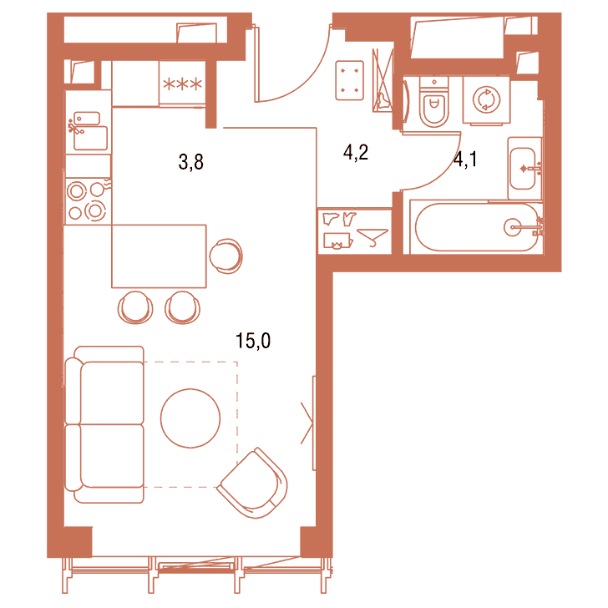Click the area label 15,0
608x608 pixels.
tap(253, 341)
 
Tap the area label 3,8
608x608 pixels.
tap(190, 162)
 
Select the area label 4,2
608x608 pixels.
tap(356, 152)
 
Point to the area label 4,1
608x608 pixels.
tap(465, 159)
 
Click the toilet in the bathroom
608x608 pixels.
tap(434, 102)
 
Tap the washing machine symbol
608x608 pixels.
tap(486, 100)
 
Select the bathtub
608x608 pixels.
tap(477, 227)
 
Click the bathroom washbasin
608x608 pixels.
tap(524, 169)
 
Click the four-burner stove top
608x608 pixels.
tap(88, 200)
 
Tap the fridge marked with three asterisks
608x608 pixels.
tap(182, 83)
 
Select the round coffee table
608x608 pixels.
tap(190, 418)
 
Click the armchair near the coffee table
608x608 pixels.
tap(253, 483)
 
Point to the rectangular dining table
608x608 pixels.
tap(159, 256)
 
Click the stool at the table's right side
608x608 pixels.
tap(226, 256)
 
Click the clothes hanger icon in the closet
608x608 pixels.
tap(372, 236)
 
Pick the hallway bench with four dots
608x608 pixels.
tap(349, 80)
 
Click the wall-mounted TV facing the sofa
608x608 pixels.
tap(314, 423)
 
